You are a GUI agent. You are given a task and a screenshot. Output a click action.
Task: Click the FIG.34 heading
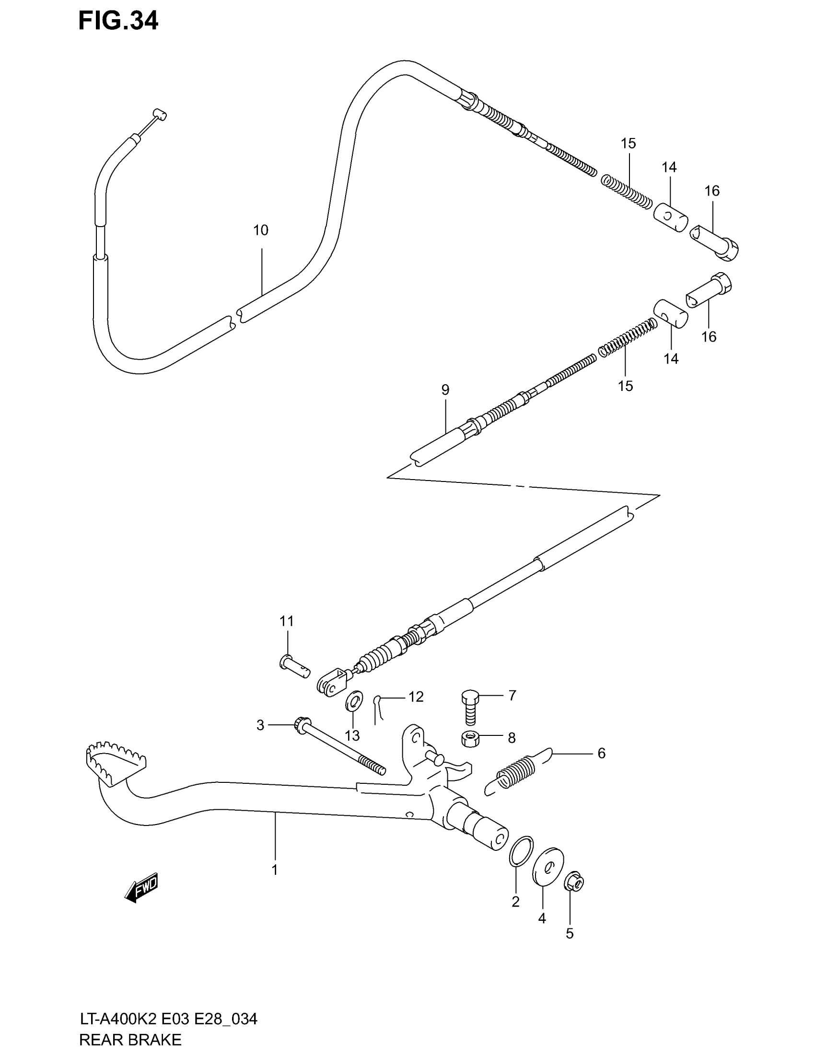pyautogui.click(x=118, y=21)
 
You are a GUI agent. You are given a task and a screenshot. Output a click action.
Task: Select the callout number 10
pyautogui.click(x=261, y=230)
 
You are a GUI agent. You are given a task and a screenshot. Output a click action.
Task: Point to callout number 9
pyautogui.click(x=445, y=390)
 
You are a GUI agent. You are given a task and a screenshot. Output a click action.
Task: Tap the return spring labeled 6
pyautogui.click(x=517, y=777)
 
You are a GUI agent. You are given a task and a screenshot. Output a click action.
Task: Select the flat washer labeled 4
pyautogui.click(x=548, y=866)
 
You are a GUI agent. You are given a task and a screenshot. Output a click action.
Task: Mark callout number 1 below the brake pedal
pyautogui.click(x=274, y=870)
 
